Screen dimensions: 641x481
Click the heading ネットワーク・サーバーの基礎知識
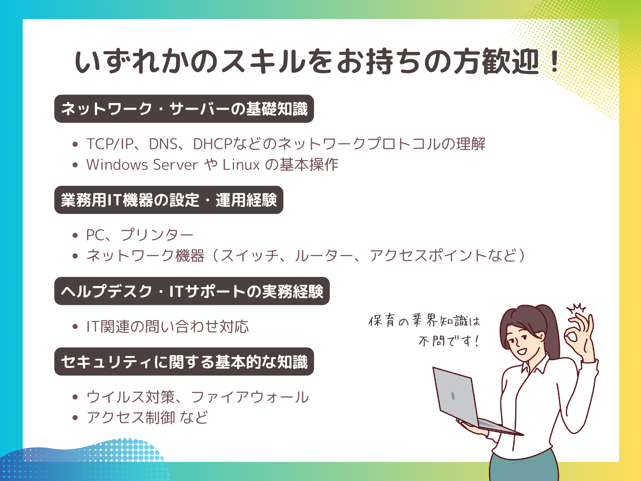[184, 109]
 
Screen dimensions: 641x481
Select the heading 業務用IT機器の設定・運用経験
[169, 200]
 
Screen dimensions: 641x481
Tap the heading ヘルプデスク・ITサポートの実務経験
[192, 291]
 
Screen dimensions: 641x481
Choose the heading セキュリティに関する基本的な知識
[184, 362]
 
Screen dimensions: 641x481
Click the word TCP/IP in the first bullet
[110, 144]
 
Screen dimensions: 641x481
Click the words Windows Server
[142, 165]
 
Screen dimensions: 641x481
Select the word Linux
[241, 165]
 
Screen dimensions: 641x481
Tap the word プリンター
[157, 235]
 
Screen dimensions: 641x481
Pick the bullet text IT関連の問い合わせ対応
[167, 326]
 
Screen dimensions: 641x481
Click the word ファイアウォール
[250, 397]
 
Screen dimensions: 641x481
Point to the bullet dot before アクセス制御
[75, 417]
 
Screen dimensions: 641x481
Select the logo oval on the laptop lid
[453, 396]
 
